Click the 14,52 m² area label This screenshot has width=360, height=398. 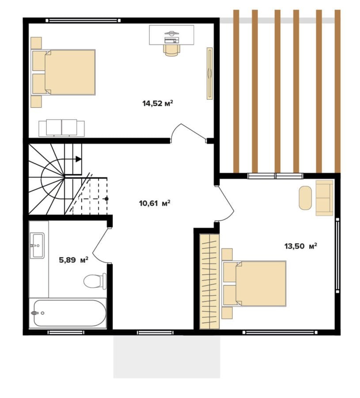click(x=158, y=103)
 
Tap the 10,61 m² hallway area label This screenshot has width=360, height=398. click(x=155, y=203)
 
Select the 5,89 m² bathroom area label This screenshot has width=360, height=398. click(x=73, y=260)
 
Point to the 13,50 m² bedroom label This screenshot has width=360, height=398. click(x=301, y=246)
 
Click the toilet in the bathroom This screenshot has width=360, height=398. click(x=95, y=281)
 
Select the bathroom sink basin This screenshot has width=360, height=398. click(x=37, y=245)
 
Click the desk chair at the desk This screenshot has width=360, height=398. click(x=172, y=50)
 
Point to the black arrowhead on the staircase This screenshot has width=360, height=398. click(x=79, y=159)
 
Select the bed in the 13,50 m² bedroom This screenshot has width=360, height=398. click(x=254, y=283)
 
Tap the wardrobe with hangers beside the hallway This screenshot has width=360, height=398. click(x=209, y=282)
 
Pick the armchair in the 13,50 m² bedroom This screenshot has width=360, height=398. click(x=324, y=198)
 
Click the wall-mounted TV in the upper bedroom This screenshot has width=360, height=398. click(x=210, y=73)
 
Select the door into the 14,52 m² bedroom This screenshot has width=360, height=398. click(x=188, y=133)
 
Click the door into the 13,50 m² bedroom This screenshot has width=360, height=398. click(x=225, y=203)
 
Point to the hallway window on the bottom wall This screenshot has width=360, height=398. click(x=155, y=332)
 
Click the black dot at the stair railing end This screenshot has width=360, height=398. click(x=107, y=199)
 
